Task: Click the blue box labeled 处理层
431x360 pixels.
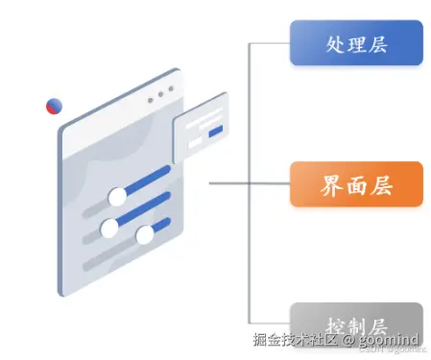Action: click(x=356, y=45)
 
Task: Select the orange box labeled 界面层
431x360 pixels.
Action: click(x=356, y=183)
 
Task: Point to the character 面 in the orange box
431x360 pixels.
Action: click(x=356, y=183)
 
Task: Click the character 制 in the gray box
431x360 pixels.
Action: click(x=356, y=322)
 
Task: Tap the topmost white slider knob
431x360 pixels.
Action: click(x=118, y=197)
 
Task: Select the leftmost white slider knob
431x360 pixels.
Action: click(x=109, y=228)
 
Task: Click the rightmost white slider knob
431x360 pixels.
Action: click(x=145, y=235)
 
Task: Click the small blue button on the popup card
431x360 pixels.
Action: click(x=215, y=130)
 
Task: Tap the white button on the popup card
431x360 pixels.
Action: click(x=196, y=141)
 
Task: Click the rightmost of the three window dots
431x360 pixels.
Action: click(x=172, y=89)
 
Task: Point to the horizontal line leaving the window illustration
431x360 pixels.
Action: click(x=230, y=182)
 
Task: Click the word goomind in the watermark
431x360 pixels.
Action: click(x=388, y=340)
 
